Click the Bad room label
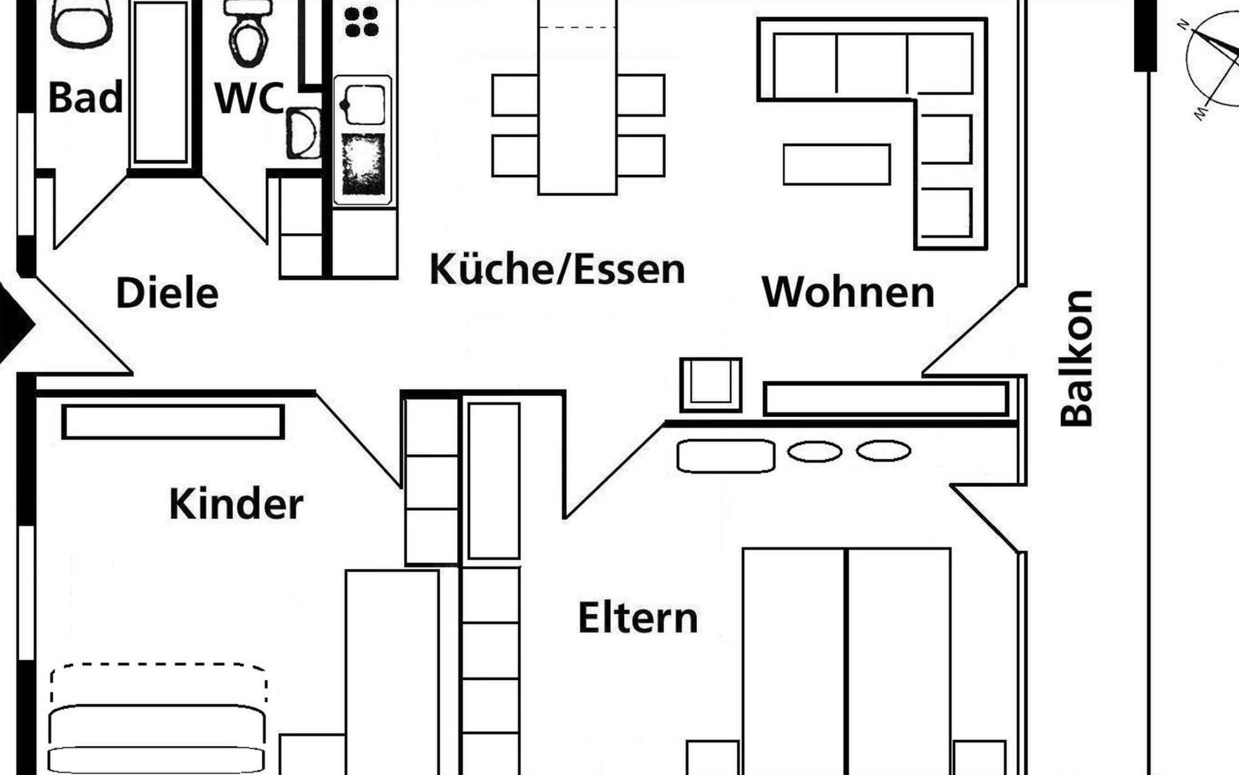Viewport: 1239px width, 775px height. coord(85,98)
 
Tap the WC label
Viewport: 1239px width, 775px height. coord(248,98)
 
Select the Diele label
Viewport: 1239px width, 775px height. coord(167,293)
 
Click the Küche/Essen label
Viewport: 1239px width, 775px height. coord(557,269)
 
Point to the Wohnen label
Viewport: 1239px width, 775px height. coord(848,292)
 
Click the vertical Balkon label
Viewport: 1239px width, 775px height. coord(1076,358)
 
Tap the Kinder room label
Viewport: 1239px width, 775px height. coord(236,504)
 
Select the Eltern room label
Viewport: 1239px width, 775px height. coord(638,618)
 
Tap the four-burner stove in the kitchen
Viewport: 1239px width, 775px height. coord(361,23)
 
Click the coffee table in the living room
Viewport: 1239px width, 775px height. coord(837,165)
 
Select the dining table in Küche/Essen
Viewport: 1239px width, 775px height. coord(578,97)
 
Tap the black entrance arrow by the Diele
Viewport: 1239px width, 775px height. coord(16,323)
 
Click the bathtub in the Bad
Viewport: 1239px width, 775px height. coord(161,83)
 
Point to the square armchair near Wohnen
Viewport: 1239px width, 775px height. coord(711,385)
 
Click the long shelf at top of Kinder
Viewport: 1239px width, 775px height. coord(174,422)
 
